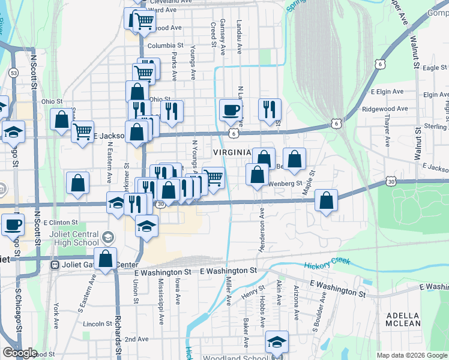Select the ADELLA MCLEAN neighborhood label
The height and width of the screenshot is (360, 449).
point(403,319)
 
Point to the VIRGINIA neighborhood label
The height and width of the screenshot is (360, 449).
point(231,152)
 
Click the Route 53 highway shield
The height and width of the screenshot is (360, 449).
point(14,73)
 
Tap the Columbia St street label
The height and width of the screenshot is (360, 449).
point(165,46)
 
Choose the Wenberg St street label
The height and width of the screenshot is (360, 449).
point(285,183)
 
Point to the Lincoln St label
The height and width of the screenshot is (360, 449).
point(94,323)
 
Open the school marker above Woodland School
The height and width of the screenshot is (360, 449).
point(277,342)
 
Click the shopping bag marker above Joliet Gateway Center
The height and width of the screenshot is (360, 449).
point(106,259)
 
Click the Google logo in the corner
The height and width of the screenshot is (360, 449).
point(19,353)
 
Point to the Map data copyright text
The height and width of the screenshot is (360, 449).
point(412,355)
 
